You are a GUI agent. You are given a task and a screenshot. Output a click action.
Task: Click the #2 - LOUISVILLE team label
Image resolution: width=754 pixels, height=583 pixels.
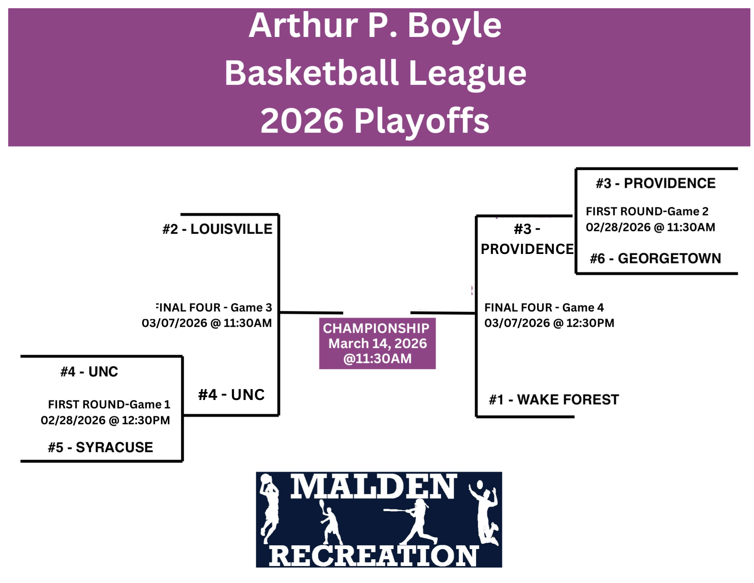217,229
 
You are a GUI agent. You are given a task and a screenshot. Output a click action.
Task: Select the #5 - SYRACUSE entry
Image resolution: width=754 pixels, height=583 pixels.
100,447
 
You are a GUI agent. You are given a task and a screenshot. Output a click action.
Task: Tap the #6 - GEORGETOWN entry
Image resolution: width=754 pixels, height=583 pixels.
655,258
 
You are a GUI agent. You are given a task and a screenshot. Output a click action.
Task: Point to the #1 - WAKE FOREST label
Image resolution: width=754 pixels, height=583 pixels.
554,400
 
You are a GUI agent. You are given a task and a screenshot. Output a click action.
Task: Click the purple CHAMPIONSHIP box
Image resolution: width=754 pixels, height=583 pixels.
377,343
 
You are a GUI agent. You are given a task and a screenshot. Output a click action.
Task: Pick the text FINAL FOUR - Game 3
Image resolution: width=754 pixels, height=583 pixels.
214,308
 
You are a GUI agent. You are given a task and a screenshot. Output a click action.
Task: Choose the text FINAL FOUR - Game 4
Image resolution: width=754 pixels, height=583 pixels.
544,308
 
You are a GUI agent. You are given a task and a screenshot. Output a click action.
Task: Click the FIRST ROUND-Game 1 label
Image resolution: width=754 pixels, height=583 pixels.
109,405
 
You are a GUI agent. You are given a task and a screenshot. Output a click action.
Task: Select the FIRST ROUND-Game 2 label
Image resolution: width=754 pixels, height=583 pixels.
647,211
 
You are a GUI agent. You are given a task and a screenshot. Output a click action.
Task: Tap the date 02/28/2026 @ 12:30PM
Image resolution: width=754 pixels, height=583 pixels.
105,420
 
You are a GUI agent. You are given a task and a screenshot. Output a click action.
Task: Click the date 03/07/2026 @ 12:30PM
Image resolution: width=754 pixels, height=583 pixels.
549,323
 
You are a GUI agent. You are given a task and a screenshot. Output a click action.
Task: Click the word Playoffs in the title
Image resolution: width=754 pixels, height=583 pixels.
422,122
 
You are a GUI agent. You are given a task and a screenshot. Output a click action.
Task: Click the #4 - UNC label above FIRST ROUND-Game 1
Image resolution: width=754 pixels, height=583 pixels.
89,372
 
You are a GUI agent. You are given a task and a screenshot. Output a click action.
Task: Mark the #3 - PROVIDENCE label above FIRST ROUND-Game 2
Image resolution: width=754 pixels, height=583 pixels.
656,183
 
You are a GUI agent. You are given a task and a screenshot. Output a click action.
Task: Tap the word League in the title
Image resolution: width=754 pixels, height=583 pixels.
467,74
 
